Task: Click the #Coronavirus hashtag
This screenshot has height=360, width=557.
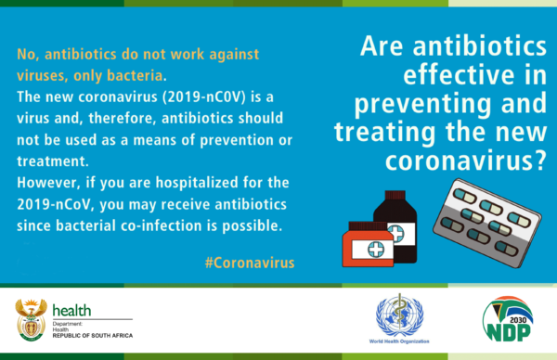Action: click(x=250, y=263)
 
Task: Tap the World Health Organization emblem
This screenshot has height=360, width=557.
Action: click(x=399, y=315)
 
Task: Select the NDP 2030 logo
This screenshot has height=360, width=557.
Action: click(x=508, y=319)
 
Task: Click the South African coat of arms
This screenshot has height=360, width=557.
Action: click(x=32, y=319)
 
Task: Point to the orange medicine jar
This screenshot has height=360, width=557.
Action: click(x=368, y=244)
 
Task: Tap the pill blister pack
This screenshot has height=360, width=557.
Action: click(x=487, y=223)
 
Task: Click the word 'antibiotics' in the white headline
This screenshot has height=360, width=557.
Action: click(x=480, y=46)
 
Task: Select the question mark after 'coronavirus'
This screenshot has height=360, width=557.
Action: click(x=540, y=161)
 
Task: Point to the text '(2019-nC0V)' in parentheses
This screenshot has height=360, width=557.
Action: click(x=204, y=96)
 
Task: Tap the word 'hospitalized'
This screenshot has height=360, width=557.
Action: click(x=197, y=183)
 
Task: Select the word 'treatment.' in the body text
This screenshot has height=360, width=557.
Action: click(x=53, y=161)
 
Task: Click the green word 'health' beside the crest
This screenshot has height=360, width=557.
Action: click(x=71, y=310)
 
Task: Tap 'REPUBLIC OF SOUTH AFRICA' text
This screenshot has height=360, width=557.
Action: click(x=93, y=336)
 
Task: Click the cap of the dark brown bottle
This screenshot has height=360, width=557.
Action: click(x=395, y=196)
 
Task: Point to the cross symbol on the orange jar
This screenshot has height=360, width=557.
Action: click(x=376, y=250)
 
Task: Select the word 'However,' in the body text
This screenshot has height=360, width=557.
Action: click(x=49, y=183)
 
